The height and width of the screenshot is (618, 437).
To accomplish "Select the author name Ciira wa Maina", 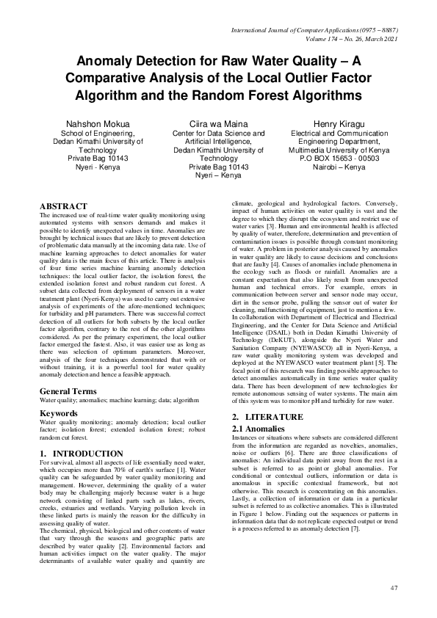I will (x=219, y=123).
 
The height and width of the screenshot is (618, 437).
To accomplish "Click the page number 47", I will (x=394, y=587).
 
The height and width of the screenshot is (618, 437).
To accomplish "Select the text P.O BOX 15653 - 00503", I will (x=339, y=158).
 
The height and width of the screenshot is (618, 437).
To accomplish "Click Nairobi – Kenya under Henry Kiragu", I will (x=339, y=167).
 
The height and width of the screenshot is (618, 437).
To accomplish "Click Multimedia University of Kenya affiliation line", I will (x=339, y=150).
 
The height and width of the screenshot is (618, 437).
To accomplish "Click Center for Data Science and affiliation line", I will (x=219, y=134).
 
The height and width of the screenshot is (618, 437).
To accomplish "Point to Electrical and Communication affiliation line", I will (x=339, y=134).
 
